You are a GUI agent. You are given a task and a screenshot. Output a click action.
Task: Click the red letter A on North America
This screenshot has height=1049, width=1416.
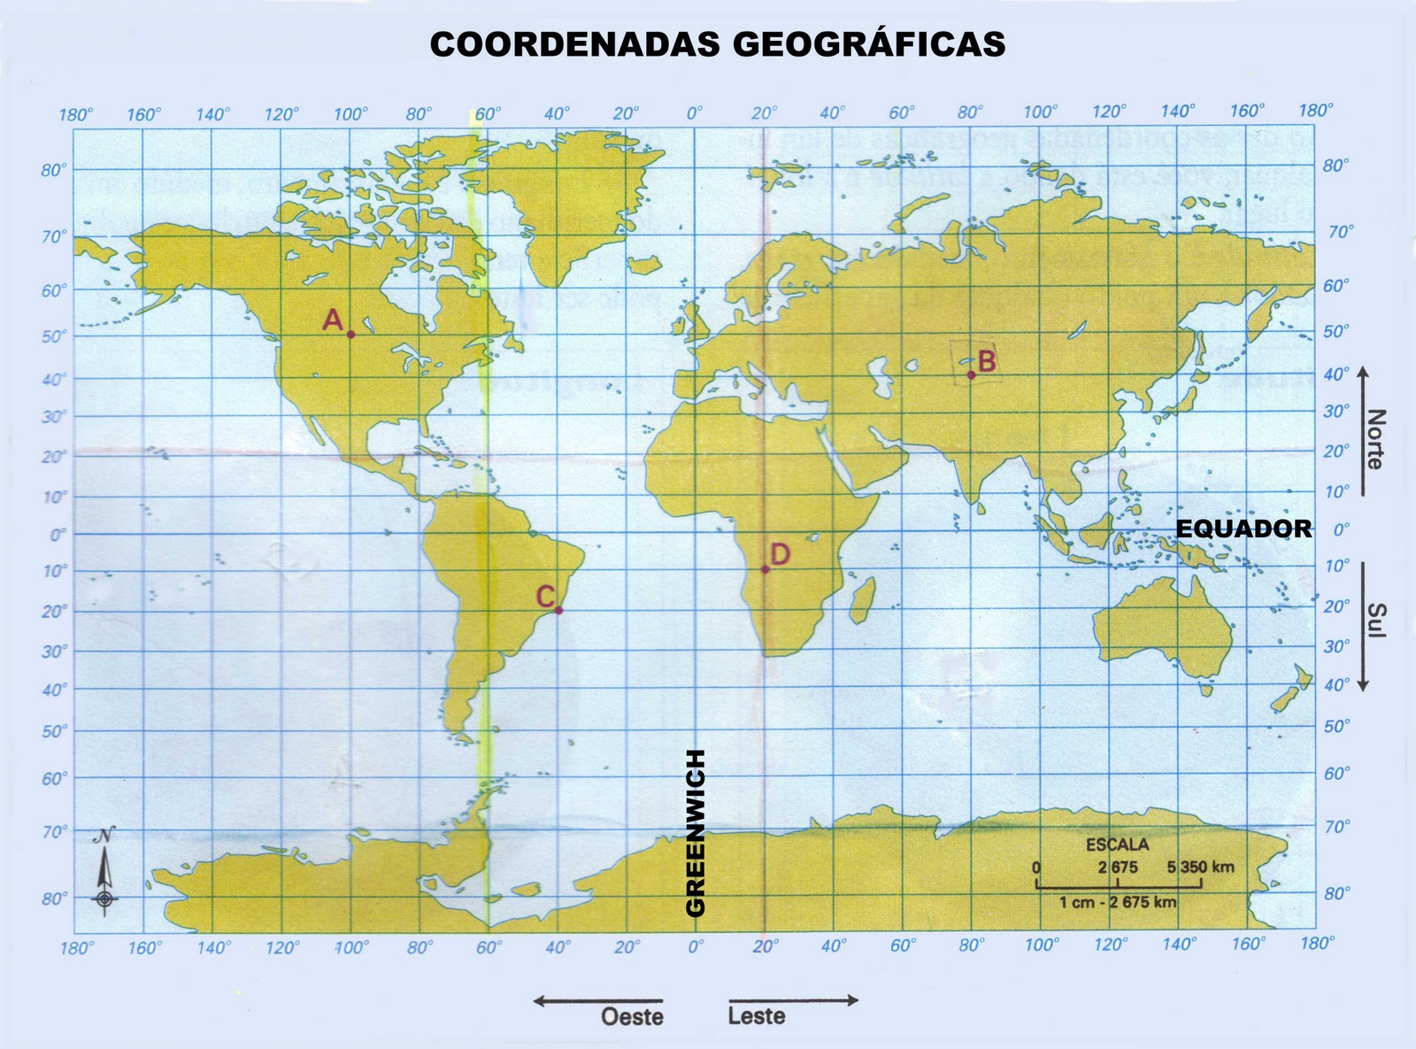[333, 320]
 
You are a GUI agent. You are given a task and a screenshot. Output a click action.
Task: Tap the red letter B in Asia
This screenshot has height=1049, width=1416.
[987, 361]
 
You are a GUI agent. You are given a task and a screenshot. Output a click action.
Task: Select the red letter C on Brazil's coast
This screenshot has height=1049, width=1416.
[545, 597]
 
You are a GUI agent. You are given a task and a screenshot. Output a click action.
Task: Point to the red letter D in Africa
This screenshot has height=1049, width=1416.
[780, 554]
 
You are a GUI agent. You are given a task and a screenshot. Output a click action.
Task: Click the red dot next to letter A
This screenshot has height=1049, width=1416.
[350, 335]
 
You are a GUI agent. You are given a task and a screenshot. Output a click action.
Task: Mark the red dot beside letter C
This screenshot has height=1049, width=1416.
[558, 610]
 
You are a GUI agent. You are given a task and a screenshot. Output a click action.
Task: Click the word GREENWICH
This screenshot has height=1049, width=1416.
[696, 833]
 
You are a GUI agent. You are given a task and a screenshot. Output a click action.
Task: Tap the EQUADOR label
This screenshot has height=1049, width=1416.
[1243, 528]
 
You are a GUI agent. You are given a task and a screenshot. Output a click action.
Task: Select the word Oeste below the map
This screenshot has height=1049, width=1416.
[632, 1016]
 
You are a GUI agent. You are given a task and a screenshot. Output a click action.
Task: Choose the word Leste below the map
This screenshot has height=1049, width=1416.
[757, 1015]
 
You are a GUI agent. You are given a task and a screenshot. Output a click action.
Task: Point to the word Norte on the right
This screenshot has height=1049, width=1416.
[1375, 439]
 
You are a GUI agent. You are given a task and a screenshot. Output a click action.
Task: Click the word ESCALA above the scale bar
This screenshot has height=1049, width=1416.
[1117, 845]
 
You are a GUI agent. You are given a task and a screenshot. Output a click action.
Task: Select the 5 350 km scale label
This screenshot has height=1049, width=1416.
[1200, 867]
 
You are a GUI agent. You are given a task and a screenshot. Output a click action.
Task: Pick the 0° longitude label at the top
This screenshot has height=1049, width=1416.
[695, 113]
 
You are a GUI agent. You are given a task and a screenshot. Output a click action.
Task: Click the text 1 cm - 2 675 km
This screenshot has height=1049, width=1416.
[1118, 902]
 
